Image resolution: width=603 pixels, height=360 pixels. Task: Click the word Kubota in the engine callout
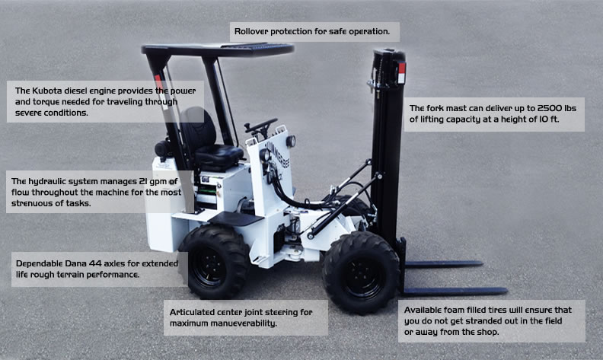point(46,91)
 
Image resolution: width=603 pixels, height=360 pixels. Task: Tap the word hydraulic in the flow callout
point(47,182)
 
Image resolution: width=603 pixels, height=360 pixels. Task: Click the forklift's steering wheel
point(260,126)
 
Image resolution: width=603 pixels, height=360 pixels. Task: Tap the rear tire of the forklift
point(215,262)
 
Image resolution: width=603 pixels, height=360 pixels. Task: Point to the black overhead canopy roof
point(218,49)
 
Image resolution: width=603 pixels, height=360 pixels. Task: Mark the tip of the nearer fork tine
point(506,291)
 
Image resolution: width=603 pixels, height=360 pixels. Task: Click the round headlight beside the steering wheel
point(291,141)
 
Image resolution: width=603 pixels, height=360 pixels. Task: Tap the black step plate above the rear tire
point(236,218)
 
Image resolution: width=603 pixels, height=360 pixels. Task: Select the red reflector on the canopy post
point(158,81)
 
